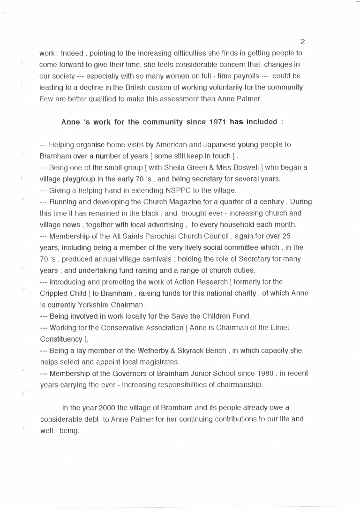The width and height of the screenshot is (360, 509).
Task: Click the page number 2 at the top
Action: tap(303, 42)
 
